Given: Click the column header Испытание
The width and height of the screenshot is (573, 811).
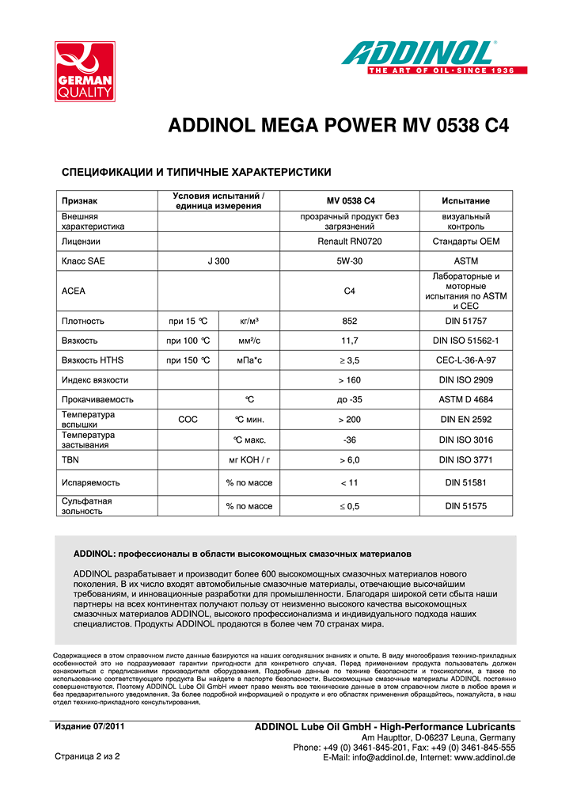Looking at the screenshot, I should point(465,201).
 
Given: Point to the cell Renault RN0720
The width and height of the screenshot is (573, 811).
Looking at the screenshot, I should point(349,241).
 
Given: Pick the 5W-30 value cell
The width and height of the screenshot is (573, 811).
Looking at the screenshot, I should point(349,261).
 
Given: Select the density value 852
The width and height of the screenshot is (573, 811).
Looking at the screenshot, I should point(349,321).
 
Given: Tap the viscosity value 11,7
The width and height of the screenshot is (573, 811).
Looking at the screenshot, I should point(349,341).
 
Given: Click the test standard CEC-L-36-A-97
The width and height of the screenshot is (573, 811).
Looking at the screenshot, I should point(465,360).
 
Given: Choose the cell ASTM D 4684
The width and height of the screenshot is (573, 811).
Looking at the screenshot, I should point(465,400).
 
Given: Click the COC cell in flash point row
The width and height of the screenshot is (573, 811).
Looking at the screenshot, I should point(188,420).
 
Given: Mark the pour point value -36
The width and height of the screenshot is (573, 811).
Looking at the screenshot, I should point(349,440).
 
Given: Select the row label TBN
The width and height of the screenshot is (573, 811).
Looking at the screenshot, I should point(70,459).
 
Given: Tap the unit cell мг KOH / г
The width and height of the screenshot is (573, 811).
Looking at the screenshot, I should point(249,459).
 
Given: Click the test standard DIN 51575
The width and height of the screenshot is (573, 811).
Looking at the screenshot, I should point(465,505).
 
